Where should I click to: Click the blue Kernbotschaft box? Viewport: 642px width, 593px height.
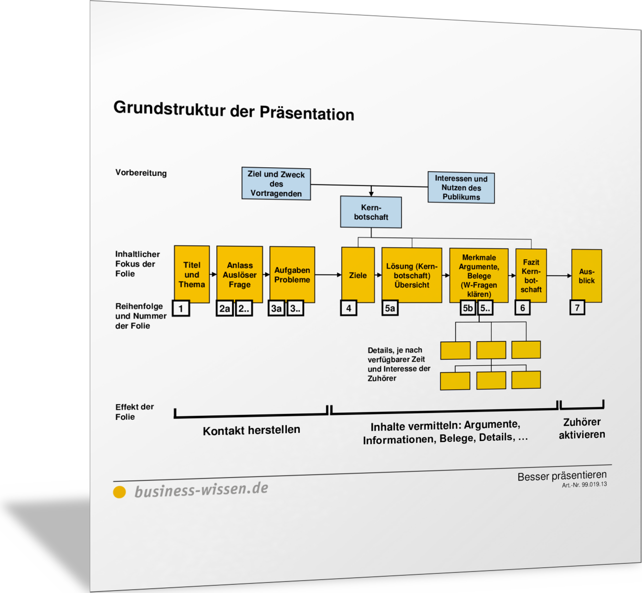pos(371,212)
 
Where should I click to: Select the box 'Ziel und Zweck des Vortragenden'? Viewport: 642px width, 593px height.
pos(276,183)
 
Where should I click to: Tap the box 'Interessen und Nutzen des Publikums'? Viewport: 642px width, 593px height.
pos(461,187)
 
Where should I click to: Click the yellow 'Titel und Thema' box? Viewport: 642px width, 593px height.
pos(192,274)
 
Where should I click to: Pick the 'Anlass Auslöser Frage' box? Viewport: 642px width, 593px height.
pos(240,274)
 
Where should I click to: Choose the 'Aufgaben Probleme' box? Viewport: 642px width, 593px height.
pos(292,274)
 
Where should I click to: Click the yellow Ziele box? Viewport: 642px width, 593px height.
pos(358,275)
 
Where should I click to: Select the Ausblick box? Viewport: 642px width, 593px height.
pos(587,276)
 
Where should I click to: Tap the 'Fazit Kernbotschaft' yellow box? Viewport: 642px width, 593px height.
pos(531,275)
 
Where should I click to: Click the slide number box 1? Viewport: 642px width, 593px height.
pos(181,308)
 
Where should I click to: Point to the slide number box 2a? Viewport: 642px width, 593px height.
pos(225,308)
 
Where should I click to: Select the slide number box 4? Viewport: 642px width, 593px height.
pos(348,308)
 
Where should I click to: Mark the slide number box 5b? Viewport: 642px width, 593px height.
pos(468,308)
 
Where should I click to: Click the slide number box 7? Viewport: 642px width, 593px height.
pos(577,307)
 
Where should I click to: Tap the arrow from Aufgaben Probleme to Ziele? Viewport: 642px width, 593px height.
pos(328,275)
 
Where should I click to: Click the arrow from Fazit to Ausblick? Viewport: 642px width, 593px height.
pos(559,275)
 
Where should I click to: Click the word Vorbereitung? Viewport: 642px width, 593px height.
pos(141,173)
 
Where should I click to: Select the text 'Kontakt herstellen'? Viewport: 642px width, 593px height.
pos(251,430)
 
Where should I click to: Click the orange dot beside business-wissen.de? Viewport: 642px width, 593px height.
pos(119,492)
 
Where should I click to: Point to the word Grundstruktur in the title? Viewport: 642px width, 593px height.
pos(169,108)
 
